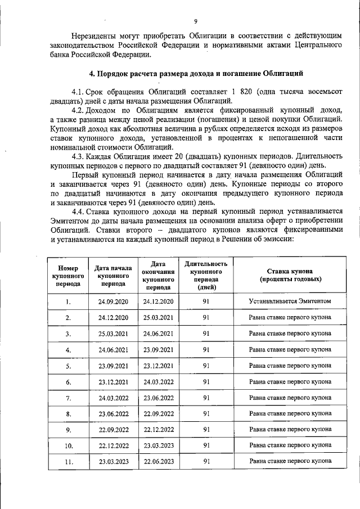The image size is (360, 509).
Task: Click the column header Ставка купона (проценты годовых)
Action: tap(290, 275)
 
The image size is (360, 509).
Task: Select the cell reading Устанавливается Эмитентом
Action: tap(290, 301)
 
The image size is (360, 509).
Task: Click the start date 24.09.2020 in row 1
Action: tap(114, 302)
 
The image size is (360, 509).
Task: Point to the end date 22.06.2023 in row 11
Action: tap(159, 462)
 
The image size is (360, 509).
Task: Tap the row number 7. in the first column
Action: tap(68, 398)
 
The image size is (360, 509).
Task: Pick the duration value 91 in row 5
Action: tap(206, 366)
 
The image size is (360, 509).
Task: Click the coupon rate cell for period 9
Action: tap(290, 430)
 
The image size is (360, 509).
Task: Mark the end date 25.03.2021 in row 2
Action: tap(159, 318)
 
